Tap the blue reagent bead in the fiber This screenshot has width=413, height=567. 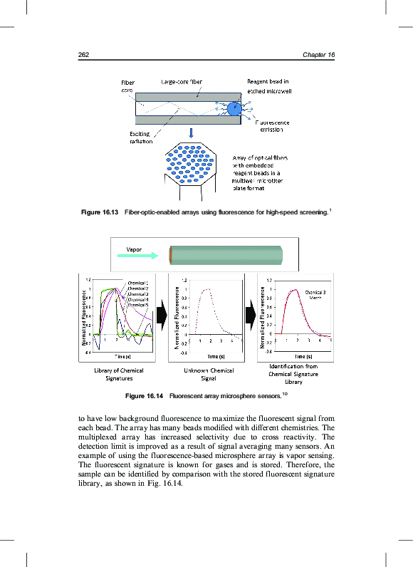[234, 108]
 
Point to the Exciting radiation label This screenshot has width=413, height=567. [140, 137]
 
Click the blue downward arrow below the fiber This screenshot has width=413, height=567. [191, 133]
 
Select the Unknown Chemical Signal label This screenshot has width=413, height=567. [209, 375]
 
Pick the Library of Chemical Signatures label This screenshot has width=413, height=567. [119, 375]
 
